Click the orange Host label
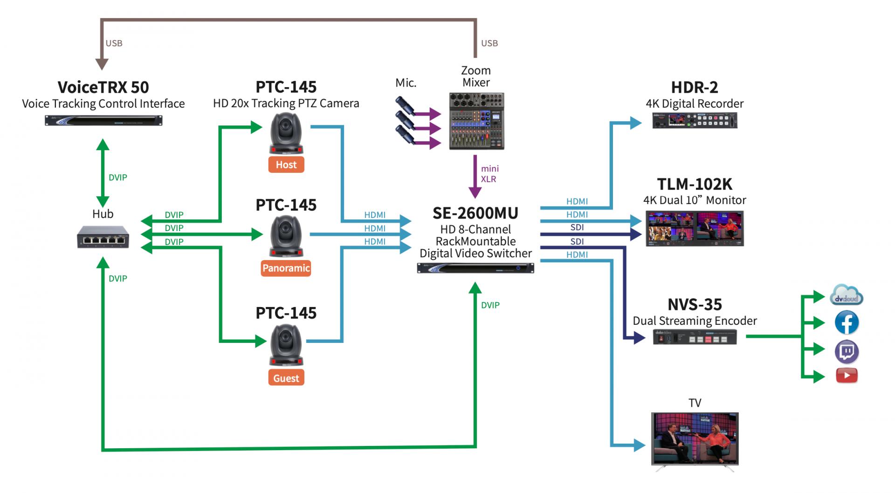[x=286, y=164]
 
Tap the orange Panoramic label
[x=286, y=268]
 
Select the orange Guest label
[x=286, y=378]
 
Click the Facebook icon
[x=847, y=322]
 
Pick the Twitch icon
[x=847, y=352]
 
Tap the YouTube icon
[x=847, y=376]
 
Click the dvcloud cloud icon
[x=847, y=295]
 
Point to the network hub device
[x=103, y=237]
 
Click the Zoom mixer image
[x=476, y=121]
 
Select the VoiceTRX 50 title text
[x=103, y=87]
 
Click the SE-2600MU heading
[x=475, y=213]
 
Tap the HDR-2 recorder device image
[x=695, y=120]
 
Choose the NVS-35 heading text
[x=695, y=304]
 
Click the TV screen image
[x=695, y=438]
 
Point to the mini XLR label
[x=489, y=174]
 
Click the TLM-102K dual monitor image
[x=695, y=228]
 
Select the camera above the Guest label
[x=286, y=345]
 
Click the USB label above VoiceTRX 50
[x=114, y=43]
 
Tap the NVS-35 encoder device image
[x=695, y=337]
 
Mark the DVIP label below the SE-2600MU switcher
[x=490, y=305]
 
